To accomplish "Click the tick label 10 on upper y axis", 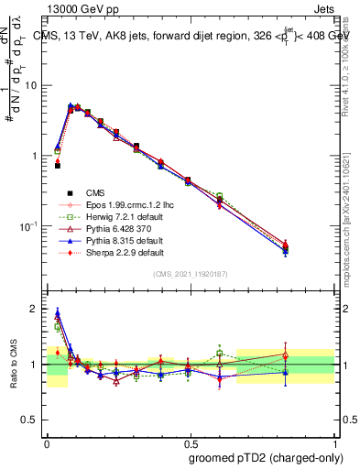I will click(31, 85).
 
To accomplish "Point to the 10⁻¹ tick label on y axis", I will click(30, 226).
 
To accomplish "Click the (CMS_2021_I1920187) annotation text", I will click(190, 275).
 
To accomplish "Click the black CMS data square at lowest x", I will click(57, 166).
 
